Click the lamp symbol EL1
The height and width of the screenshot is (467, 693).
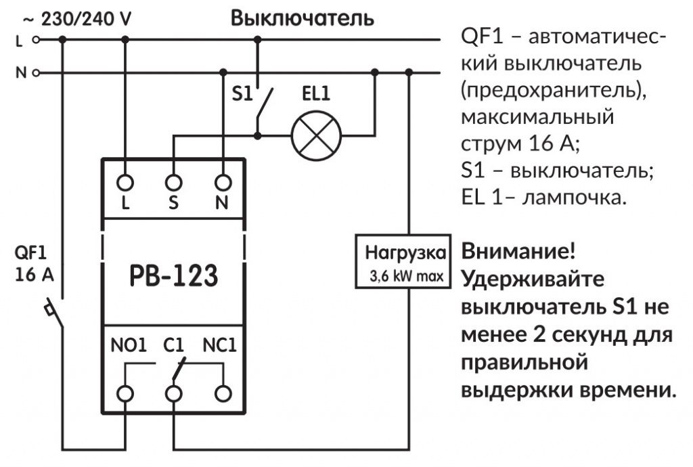pyautogui.click(x=316, y=135)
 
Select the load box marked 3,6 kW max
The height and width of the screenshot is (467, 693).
pyautogui.click(x=403, y=261)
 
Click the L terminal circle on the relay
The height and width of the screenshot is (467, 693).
pyautogui.click(x=125, y=181)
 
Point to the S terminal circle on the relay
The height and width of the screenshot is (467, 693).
pyautogui.click(x=174, y=181)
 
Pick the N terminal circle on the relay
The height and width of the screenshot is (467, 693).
pyautogui.click(x=222, y=181)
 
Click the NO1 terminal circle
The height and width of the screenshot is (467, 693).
pyautogui.click(x=125, y=393)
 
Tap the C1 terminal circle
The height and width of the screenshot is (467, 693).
pyautogui.click(x=174, y=393)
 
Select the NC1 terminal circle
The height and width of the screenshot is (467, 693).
pyautogui.click(x=222, y=393)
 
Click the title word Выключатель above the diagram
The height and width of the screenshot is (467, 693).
pyautogui.click(x=302, y=18)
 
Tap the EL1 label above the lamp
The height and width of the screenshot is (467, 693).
pyautogui.click(x=315, y=95)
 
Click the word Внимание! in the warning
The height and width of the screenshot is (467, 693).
pyautogui.click(x=518, y=252)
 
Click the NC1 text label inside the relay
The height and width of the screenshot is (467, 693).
pyautogui.click(x=219, y=346)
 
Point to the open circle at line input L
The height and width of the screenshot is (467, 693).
pyautogui.click(x=36, y=39)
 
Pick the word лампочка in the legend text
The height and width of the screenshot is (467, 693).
pyautogui.click(x=576, y=199)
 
